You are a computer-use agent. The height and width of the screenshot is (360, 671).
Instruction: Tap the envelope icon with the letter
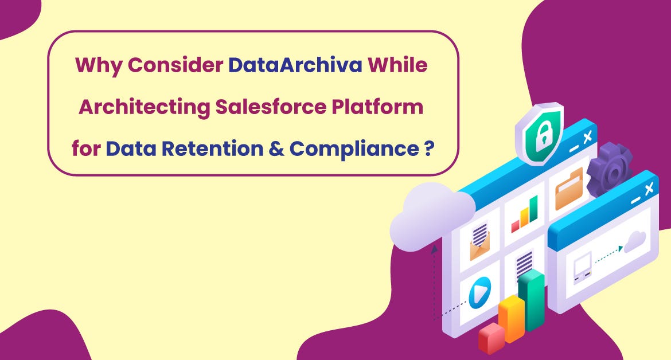[x=480, y=244]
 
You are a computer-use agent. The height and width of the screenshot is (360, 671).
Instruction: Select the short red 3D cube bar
[x=491, y=338]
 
